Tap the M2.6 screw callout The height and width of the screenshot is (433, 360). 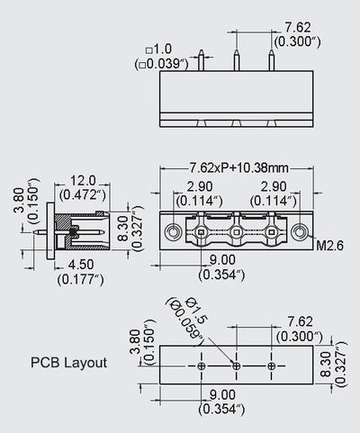click(329, 243)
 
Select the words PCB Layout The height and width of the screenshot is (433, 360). click(94, 364)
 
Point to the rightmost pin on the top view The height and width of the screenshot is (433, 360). click(272, 61)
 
